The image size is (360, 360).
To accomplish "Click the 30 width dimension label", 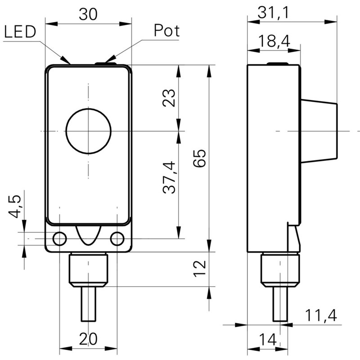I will click(88, 14).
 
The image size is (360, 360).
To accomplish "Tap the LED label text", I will click(20, 32).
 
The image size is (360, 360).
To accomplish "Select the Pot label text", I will click(166, 31).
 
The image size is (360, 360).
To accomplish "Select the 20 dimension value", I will click(88, 337).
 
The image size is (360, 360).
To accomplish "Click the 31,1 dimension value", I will click(273, 13).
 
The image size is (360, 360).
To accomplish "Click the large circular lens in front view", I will click(88, 131).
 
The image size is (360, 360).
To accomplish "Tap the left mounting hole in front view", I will click(59, 238).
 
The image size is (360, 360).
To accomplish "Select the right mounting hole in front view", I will click(117, 238).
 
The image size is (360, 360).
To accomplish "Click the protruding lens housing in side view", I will click(318, 131).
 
